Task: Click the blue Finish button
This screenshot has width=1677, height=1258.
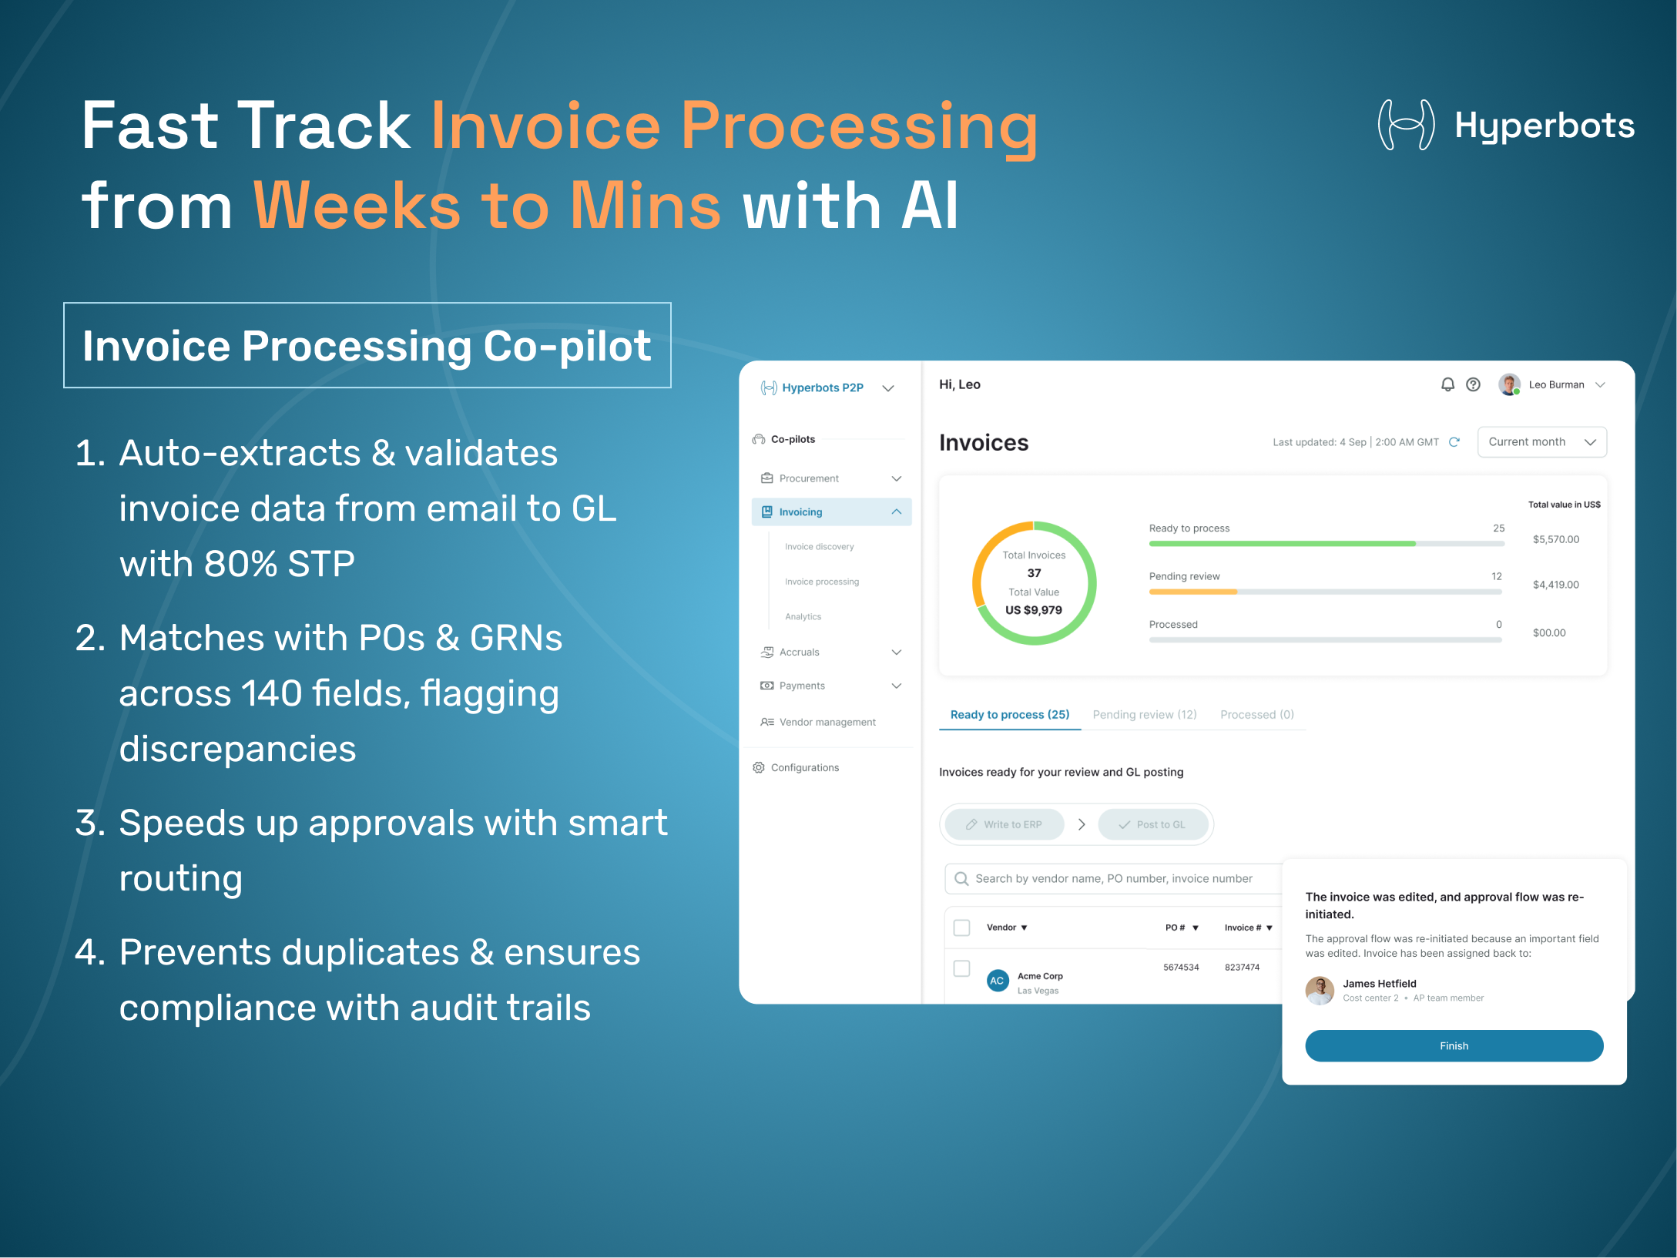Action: pyautogui.click(x=1454, y=1045)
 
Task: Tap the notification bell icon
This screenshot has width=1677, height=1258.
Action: pyautogui.click(x=1447, y=384)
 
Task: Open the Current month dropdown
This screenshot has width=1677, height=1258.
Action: pyautogui.click(x=1541, y=442)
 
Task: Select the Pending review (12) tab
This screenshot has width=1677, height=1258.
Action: pyautogui.click(x=1144, y=714)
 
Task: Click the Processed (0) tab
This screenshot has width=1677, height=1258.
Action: pyautogui.click(x=1256, y=714)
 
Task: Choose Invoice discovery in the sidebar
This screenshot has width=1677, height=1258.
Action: pyautogui.click(x=819, y=547)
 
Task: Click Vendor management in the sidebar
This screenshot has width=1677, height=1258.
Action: pyautogui.click(x=827, y=722)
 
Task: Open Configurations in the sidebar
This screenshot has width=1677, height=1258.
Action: pyautogui.click(x=804, y=767)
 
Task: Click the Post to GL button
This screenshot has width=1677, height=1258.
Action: pyautogui.click(x=1152, y=824)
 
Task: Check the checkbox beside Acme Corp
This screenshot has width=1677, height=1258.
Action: pyautogui.click(x=961, y=968)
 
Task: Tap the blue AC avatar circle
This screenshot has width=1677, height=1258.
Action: pyautogui.click(x=997, y=981)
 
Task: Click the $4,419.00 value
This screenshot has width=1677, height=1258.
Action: pyautogui.click(x=1555, y=585)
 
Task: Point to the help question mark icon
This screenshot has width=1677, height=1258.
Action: pyautogui.click(x=1473, y=384)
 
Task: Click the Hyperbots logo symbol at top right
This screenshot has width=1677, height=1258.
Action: pyautogui.click(x=1406, y=125)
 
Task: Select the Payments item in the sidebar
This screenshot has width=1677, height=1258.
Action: pyautogui.click(x=801, y=686)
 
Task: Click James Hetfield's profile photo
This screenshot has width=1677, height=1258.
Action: pyautogui.click(x=1320, y=990)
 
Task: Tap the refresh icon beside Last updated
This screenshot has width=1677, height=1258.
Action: pyautogui.click(x=1454, y=442)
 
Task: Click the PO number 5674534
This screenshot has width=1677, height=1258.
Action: pyautogui.click(x=1181, y=968)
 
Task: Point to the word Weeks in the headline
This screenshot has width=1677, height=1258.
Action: pyautogui.click(x=357, y=206)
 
